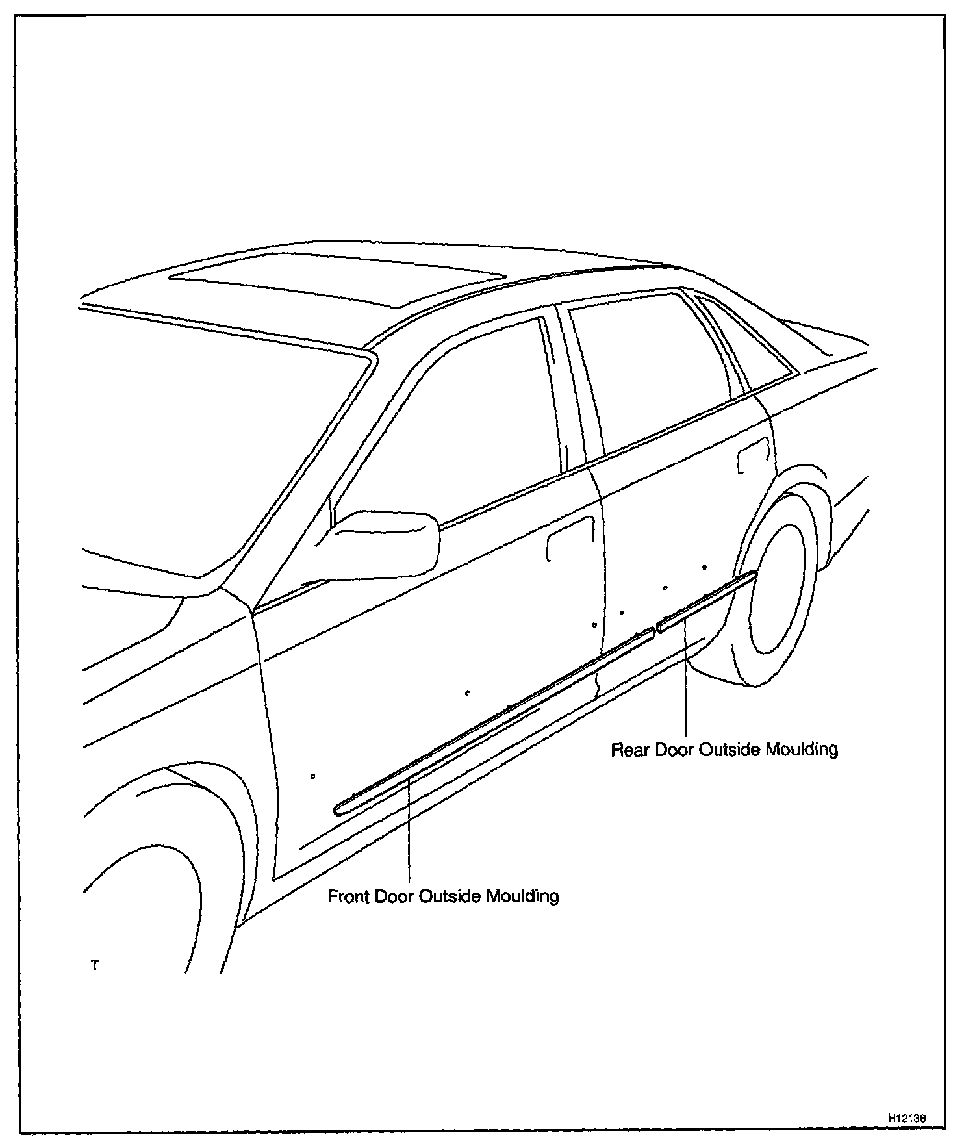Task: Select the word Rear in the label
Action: click(x=631, y=750)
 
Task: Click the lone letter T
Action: click(x=95, y=966)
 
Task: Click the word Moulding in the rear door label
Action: click(x=802, y=750)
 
